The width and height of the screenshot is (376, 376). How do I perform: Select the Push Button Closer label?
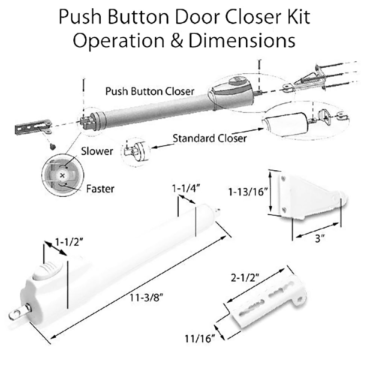pos(150,91)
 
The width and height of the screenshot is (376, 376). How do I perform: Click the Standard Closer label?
pos(209,138)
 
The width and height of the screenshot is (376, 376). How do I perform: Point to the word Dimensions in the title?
pos(242,41)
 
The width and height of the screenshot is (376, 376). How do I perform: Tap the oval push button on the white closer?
pos(47,271)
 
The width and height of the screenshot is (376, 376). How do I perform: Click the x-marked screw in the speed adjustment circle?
pos(62,175)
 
